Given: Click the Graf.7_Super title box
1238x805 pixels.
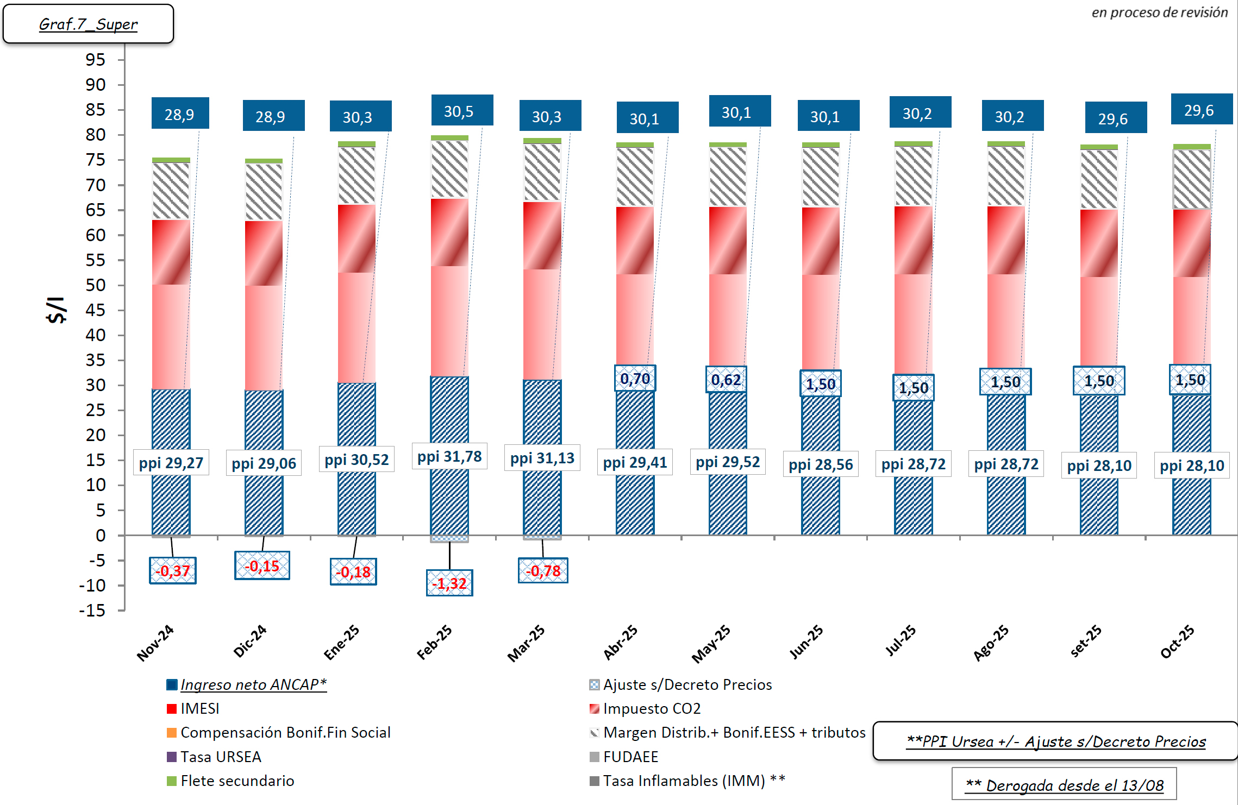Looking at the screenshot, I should [88, 24].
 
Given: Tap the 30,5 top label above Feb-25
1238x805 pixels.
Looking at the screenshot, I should [461, 111].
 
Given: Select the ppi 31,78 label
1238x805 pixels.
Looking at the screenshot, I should [449, 457].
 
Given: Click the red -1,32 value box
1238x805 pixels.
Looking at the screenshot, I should [449, 583].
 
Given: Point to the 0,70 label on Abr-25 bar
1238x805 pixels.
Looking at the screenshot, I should [635, 379].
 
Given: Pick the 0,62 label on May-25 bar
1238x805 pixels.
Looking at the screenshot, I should [726, 380].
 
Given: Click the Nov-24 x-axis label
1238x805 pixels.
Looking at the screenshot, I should [155, 643].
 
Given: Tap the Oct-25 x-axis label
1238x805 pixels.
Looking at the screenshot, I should [1177, 642].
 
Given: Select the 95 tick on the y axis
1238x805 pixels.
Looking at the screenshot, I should [96, 60].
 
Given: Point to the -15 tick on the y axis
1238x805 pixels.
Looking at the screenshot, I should [92, 611].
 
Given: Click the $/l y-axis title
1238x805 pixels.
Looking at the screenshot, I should [56, 310].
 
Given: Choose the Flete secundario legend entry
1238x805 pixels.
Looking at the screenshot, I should [237, 781].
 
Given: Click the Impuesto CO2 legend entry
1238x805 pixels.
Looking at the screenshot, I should [652, 709].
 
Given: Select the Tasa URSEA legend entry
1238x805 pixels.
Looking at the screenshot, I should [221, 757].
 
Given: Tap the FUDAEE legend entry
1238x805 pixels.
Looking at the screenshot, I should [630, 757].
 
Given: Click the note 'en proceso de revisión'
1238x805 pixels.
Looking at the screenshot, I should [1159, 12].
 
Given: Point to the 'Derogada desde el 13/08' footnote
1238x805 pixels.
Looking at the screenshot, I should [1064, 785].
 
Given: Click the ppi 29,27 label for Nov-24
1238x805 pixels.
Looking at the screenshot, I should [171, 463].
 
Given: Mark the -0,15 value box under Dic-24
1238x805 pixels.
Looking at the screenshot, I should [262, 566].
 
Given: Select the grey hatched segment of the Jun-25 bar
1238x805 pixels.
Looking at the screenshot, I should [821, 177].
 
